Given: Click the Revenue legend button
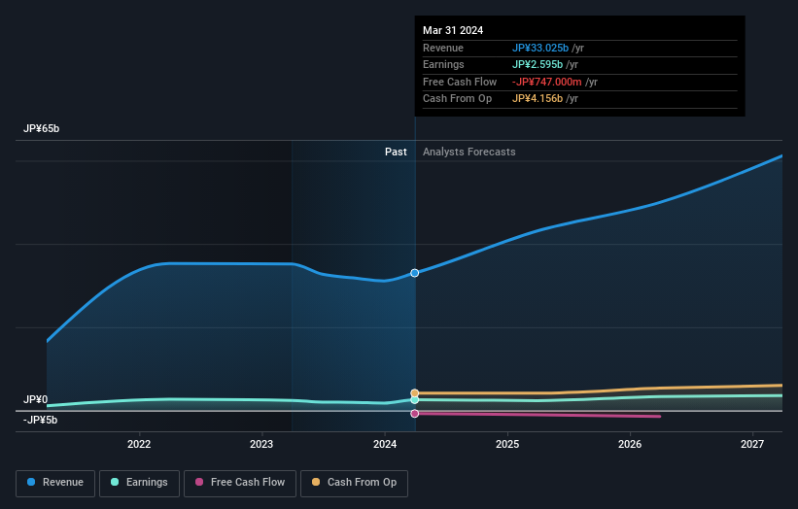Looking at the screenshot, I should click(x=55, y=482).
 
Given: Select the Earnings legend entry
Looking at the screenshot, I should click(x=140, y=482).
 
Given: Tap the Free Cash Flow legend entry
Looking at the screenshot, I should click(x=238, y=482).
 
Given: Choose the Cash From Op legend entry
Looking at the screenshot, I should click(x=355, y=482).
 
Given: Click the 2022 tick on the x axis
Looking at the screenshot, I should click(x=139, y=444).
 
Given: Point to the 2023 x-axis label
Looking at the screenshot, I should click(x=261, y=444).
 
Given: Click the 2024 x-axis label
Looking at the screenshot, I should click(x=385, y=444).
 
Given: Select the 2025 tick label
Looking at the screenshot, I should click(x=507, y=444).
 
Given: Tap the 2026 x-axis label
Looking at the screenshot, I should click(x=630, y=444).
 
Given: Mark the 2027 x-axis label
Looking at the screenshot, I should click(x=752, y=444).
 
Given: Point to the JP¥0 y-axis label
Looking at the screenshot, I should click(x=36, y=399).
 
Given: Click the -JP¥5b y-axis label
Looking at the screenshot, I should click(x=41, y=420).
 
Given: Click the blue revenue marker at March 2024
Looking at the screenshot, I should click(x=415, y=273).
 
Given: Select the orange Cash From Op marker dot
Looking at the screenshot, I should click(x=415, y=393).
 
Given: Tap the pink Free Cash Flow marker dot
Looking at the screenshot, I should click(x=415, y=414).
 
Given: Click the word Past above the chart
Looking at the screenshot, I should click(x=396, y=152).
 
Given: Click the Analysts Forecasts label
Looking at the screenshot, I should click(x=468, y=152).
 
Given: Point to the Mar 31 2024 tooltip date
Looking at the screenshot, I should click(x=453, y=30).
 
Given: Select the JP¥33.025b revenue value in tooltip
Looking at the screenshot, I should click(x=541, y=48).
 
